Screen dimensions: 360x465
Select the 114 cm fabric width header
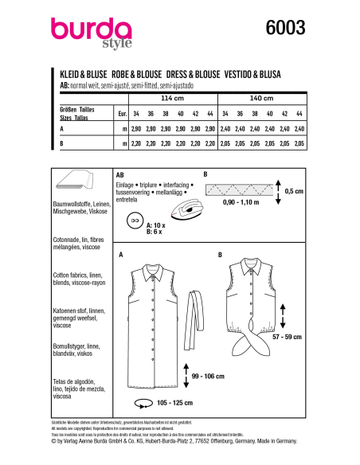171,99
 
